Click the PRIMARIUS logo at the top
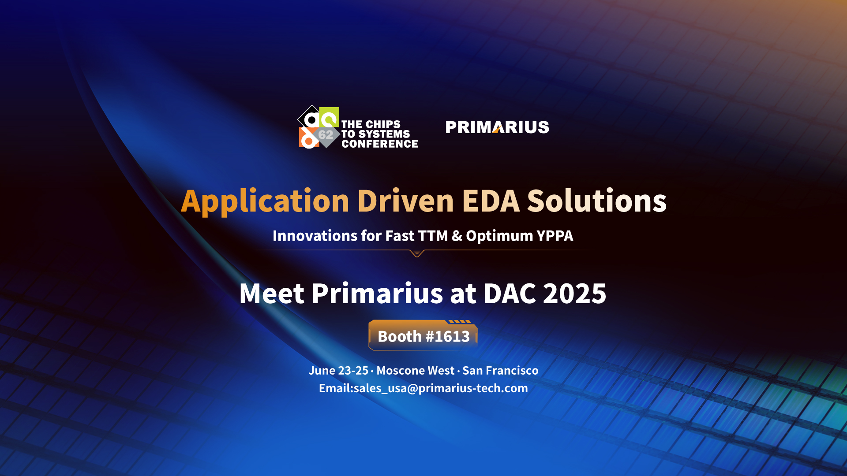point(497,127)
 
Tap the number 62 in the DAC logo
point(326,135)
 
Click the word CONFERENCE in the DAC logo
point(380,144)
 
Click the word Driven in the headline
point(406,201)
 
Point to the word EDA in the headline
point(491,201)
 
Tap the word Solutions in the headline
point(597,201)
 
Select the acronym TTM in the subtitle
point(432,236)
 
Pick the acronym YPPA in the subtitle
point(555,236)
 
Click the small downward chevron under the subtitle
point(417,253)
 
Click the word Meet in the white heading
point(272,294)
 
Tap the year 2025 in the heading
point(575,294)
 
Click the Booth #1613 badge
point(423,335)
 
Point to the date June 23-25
point(338,371)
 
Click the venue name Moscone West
point(415,371)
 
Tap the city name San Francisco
point(500,371)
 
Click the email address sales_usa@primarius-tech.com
point(441,388)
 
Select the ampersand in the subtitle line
point(457,236)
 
